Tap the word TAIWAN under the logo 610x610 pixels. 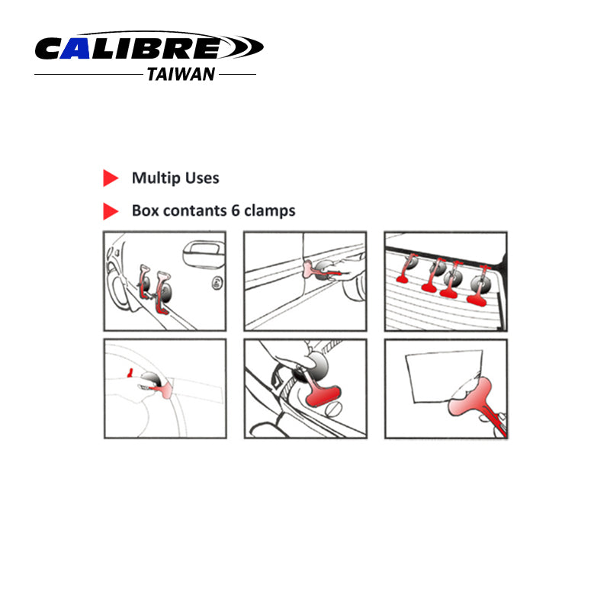(x=180, y=75)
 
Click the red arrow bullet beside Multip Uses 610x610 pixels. (x=111, y=178)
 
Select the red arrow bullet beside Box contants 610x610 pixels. (x=111, y=211)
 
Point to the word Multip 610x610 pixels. (x=156, y=178)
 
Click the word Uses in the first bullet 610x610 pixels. (x=202, y=178)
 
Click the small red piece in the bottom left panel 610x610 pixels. (x=131, y=371)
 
